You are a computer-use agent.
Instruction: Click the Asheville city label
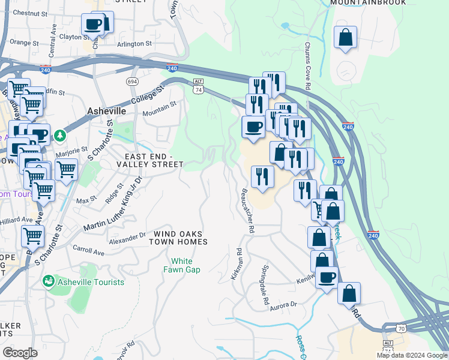[106, 111]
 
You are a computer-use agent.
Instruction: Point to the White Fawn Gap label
[182, 265]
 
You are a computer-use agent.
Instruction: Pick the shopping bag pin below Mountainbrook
[346, 38]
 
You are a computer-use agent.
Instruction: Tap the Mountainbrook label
[368, 2]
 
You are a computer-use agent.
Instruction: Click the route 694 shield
[133, 81]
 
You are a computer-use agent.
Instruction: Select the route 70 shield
[401, 328]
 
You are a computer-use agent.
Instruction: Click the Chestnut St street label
[29, 12]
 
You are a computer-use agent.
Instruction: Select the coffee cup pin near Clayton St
[94, 25]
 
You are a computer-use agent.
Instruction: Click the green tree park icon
[60, 136]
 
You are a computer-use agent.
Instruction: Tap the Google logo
[20, 353]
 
